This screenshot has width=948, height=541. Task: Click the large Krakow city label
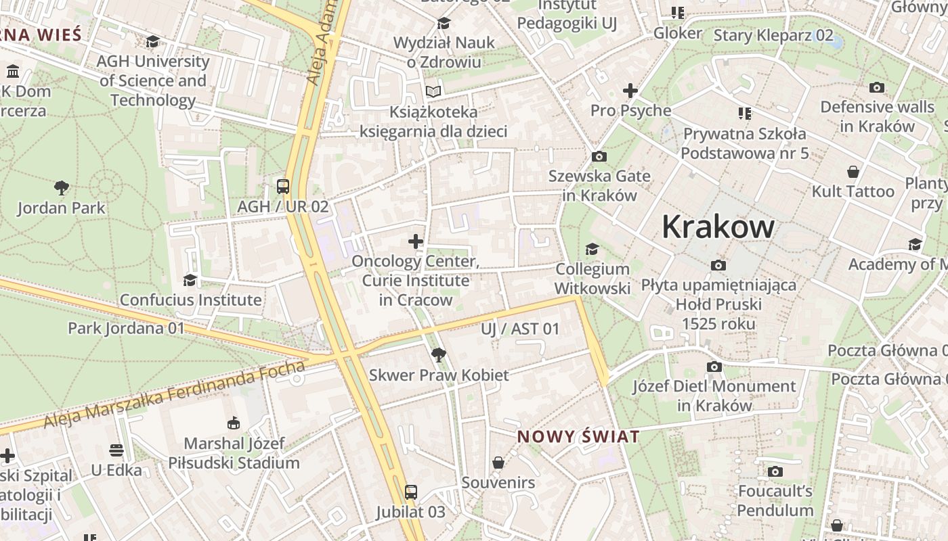718,227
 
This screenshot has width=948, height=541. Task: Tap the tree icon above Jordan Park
62,187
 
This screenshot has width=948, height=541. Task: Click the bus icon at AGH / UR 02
283,187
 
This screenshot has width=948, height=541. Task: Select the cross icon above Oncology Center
416,241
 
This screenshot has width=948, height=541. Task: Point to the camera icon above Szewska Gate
599,157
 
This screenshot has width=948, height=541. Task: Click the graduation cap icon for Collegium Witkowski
592,250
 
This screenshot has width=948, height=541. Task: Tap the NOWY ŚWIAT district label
578,437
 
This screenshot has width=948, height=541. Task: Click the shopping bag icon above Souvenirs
498,463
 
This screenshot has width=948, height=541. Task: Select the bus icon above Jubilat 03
410,492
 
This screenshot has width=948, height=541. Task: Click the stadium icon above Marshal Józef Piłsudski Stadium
234,423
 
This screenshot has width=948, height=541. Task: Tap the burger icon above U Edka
116,450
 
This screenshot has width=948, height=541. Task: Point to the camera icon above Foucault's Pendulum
775,471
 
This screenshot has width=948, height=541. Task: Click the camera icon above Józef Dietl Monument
714,367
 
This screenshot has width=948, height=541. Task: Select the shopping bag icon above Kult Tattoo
853,172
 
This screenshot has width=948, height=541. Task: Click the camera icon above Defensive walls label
876,87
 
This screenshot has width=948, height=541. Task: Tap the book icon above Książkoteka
433,91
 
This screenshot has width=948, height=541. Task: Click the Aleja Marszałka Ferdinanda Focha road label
175,395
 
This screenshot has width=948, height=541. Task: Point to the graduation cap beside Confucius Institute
190,280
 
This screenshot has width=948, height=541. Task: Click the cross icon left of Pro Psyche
630,91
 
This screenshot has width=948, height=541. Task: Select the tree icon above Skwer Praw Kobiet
438,354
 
